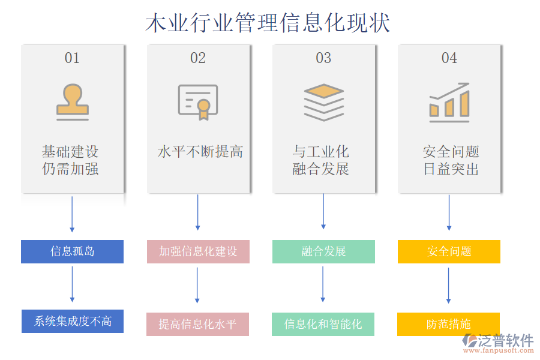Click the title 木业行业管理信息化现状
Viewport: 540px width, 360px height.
268,23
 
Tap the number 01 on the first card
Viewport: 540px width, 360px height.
72,58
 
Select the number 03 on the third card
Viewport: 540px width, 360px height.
323,58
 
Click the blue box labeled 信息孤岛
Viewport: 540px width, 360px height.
72,251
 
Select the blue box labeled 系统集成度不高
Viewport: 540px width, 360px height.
72,321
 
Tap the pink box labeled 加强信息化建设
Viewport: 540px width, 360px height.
198,251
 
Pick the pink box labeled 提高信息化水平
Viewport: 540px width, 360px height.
197,324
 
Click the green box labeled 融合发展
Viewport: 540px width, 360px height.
323,251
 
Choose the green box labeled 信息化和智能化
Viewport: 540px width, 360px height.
323,324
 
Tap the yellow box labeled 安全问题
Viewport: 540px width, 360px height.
449,251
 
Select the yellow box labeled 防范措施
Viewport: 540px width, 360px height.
448,324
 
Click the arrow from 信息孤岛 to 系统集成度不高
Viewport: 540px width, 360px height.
72,284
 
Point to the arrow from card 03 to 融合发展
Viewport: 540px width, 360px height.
323,211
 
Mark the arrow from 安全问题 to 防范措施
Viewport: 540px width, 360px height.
449,286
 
